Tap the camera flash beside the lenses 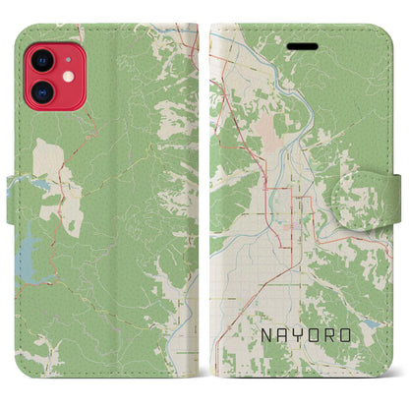point(69,77)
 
